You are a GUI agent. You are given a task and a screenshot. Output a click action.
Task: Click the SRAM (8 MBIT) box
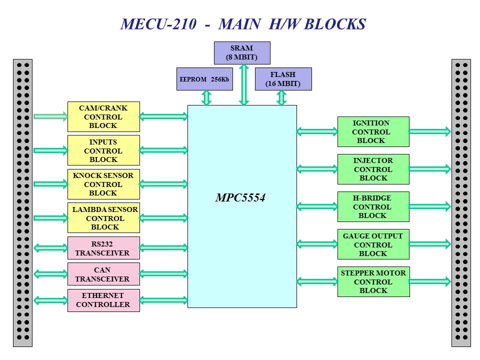(x=242, y=53)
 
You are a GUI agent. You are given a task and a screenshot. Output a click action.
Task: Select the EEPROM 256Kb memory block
(x=204, y=79)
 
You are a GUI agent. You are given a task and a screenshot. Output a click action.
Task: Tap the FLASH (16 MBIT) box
(x=283, y=79)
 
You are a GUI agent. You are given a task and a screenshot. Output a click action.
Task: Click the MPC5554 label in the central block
(x=240, y=198)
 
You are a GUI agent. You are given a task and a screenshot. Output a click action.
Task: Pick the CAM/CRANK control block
(x=103, y=116)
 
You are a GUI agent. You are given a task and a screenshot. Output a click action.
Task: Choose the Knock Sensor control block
(x=103, y=184)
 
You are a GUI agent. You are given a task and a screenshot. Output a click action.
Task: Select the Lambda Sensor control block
(x=103, y=217)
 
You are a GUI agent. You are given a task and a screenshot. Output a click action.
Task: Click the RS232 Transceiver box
(x=103, y=248)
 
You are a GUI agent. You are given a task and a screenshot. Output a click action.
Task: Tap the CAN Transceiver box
(x=103, y=274)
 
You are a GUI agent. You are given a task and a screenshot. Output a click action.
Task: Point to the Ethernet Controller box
(x=103, y=300)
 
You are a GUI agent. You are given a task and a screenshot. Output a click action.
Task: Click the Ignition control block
(x=373, y=131)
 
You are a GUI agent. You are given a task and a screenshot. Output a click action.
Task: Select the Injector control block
(x=373, y=169)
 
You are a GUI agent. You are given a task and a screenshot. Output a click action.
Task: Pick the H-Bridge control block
(x=373, y=206)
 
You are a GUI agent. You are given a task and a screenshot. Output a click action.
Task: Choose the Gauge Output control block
(x=373, y=244)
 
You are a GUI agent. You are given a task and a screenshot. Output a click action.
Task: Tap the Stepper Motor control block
(x=373, y=281)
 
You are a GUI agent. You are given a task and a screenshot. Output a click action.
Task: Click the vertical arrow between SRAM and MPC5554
(x=243, y=85)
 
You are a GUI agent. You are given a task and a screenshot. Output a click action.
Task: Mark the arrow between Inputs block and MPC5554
(x=163, y=150)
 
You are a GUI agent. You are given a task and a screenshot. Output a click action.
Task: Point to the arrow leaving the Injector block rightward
(x=430, y=169)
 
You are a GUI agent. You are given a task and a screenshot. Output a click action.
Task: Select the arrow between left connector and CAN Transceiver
(x=50, y=273)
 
